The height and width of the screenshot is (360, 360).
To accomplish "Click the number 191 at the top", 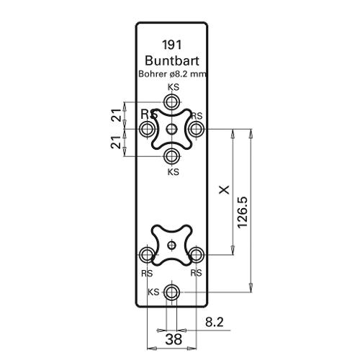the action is coord(172,45).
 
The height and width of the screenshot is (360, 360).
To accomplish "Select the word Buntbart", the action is coord(172,60).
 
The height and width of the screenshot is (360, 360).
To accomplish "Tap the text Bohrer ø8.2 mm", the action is coord(172,74).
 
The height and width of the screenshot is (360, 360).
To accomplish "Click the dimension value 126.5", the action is coord(242,212).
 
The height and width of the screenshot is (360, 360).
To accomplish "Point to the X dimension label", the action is coord(225,189).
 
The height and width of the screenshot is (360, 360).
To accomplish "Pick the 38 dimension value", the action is coord(174,339).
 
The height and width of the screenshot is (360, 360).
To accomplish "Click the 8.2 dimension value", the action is coord(215,322).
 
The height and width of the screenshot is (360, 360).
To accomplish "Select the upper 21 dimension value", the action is coord(117,115).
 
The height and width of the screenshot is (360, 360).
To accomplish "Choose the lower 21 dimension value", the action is coord(116,142).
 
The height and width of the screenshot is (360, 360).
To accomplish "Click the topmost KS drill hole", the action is coord(172,102).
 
